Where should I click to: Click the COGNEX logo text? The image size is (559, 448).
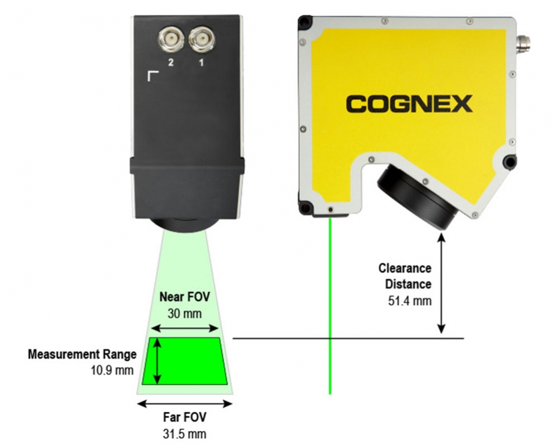click(409, 104)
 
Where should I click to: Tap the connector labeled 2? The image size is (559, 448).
click(171, 39)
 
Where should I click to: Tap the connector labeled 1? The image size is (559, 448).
click(202, 39)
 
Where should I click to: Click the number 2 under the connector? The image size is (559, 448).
click(171, 62)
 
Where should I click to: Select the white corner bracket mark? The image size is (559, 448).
click(153, 76)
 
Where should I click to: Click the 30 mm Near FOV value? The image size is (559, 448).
click(184, 314)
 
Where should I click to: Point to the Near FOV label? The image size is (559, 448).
click(184, 297)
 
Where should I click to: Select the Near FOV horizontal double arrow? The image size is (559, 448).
click(185, 328)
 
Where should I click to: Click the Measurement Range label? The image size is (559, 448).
click(82, 354)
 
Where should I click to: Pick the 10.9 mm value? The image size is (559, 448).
click(112, 370)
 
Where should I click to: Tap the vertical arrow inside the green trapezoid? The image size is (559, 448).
click(157, 361)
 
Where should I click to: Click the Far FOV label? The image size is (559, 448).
click(184, 417)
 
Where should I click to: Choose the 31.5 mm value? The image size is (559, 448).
click(184, 434)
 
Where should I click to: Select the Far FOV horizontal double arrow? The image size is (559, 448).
click(185, 404)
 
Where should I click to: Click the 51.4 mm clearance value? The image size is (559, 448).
click(409, 301)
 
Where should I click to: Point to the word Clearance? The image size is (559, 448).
click(404, 268)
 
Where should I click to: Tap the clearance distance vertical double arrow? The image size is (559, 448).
click(441, 283)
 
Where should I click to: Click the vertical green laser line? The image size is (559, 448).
click(330, 306)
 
